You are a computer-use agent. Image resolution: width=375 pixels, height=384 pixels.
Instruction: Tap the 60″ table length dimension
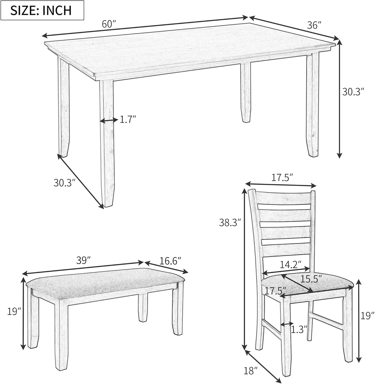click(109, 24)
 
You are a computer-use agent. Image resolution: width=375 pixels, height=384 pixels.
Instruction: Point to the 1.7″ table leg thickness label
click(128, 119)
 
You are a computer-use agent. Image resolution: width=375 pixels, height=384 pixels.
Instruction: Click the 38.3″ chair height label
click(230, 222)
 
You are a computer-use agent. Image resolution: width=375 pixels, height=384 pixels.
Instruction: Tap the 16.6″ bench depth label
click(170, 261)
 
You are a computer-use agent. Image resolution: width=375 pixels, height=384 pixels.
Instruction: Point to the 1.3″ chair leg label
click(299, 330)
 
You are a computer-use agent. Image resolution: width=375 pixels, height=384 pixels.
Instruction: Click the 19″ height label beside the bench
click(14, 312)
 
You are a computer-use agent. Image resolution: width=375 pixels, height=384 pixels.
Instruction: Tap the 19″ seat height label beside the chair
click(368, 316)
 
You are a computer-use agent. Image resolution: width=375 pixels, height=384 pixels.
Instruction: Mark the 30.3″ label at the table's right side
click(353, 92)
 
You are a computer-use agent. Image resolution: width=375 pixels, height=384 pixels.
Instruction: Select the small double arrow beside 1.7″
click(109, 120)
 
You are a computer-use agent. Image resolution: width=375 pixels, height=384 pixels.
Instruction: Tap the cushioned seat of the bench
click(105, 284)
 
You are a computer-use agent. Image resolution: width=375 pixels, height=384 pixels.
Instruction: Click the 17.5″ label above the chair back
click(282, 178)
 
